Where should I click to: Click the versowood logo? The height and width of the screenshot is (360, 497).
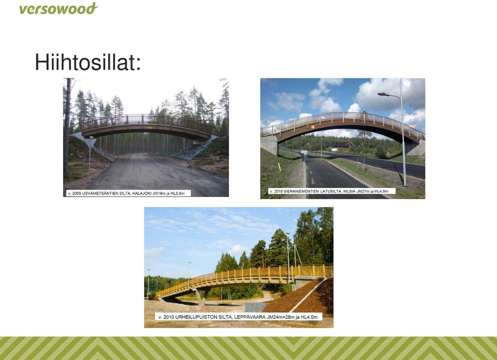pos(59,9)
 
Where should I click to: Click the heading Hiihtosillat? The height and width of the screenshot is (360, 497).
pos(88,62)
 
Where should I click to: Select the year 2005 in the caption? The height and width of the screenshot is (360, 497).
pos(76,193)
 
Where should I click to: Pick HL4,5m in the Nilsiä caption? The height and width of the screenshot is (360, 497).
pos(381,191)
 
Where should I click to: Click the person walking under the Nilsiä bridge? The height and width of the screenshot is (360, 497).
pos(305,156)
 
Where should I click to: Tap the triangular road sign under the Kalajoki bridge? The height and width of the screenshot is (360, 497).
pos(90,142)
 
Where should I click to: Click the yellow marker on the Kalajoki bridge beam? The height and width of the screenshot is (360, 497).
pos(150,128)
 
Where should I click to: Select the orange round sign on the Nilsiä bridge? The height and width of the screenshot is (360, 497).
pos(313,127)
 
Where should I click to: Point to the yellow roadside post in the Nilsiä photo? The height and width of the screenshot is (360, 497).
pos(279,167)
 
